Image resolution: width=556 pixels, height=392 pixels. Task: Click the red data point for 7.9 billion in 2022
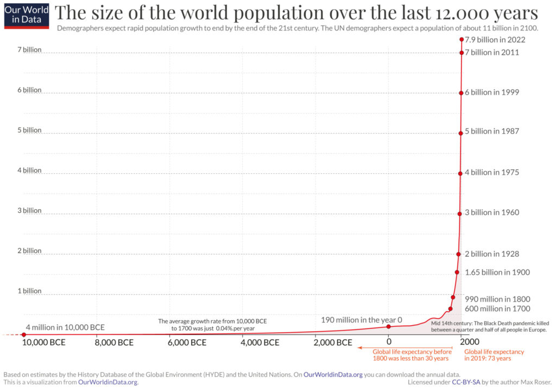462,39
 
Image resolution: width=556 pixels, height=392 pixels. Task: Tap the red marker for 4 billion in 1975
460,173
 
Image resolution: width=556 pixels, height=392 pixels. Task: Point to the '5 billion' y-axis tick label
29,130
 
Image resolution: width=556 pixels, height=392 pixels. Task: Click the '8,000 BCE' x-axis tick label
114,343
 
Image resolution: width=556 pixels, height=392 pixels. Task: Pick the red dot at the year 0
389,326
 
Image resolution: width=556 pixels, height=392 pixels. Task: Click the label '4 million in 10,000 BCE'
65,327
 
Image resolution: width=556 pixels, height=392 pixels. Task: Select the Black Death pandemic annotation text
489,326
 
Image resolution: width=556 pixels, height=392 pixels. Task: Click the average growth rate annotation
212,325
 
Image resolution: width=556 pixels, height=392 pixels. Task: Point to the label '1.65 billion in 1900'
497,272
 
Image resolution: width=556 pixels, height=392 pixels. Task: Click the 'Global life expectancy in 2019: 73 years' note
488,354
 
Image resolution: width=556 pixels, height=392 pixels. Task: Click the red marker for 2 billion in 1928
458,254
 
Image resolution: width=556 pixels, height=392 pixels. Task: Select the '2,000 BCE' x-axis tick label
333,343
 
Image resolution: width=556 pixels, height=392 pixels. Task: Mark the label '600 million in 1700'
497,309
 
